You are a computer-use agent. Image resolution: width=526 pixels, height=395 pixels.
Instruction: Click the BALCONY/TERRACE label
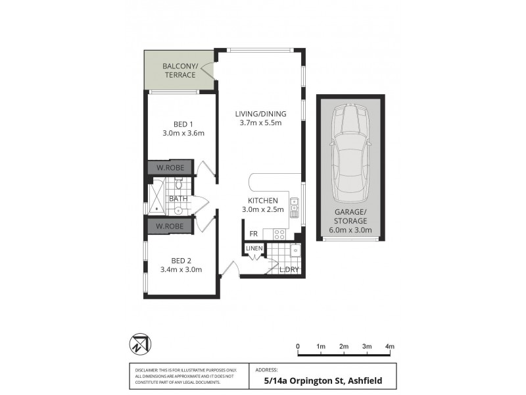[x=179, y=70]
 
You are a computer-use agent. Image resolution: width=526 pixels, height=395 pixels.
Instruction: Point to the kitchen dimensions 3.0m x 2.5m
[x=263, y=209]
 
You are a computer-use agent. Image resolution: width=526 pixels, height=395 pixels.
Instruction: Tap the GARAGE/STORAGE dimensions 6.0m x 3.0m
[x=350, y=230]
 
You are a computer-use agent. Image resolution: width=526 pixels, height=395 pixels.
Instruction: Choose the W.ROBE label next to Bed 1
[x=170, y=168]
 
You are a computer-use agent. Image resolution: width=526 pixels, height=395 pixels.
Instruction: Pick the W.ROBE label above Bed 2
[x=170, y=226]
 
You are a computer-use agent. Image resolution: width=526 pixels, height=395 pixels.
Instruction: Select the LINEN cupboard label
[x=254, y=248]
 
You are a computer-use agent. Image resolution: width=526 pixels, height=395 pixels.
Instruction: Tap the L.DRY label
[x=289, y=270]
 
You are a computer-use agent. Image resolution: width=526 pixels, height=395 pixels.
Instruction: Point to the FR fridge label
[x=253, y=234]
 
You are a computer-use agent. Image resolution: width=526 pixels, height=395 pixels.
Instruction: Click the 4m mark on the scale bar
[x=389, y=346]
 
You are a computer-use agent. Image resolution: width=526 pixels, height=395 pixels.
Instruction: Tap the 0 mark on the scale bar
[x=298, y=346]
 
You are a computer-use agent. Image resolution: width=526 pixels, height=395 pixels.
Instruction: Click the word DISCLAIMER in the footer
[x=146, y=371]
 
